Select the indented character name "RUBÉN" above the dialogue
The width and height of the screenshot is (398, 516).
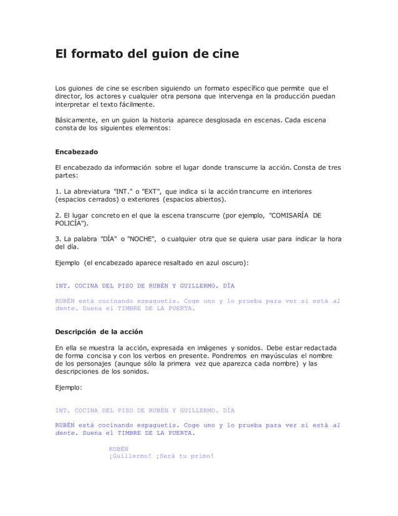[x=119, y=448]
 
